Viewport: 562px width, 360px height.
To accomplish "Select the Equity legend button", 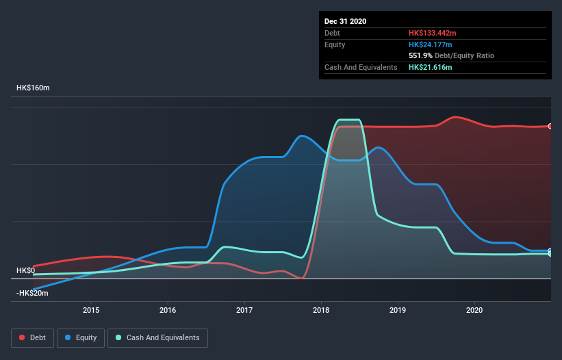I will [81, 337].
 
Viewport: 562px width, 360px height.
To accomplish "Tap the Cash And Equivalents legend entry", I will [157, 337].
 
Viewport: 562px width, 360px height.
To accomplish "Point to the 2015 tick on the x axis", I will [91, 311].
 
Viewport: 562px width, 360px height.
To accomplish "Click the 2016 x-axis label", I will [168, 311].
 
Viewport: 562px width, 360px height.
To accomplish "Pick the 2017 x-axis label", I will [244, 311].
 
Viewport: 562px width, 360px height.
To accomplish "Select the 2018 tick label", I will [321, 311].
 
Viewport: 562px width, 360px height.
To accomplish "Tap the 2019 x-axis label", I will [398, 311].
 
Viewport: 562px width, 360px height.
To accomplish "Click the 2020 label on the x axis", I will [474, 311].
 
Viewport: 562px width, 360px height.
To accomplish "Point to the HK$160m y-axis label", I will [33, 88].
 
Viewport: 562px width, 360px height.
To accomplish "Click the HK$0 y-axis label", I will [25, 270].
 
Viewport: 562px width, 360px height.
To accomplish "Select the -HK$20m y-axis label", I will [32, 293].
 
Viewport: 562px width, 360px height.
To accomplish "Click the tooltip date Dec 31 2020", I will [346, 21].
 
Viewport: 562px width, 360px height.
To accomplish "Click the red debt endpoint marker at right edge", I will [550, 126].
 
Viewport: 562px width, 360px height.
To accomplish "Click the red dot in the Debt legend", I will [22, 337].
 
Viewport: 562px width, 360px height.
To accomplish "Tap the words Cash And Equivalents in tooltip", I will [361, 67].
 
